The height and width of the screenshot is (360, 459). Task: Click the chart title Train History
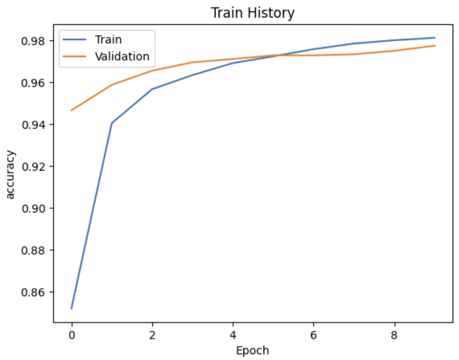(253, 12)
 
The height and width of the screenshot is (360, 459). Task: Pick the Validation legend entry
(122, 56)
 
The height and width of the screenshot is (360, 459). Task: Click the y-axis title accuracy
(11, 175)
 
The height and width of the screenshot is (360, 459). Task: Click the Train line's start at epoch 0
(71, 308)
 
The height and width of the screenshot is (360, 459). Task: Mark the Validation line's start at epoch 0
(71, 111)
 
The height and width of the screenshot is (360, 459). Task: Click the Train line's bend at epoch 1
(112, 123)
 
